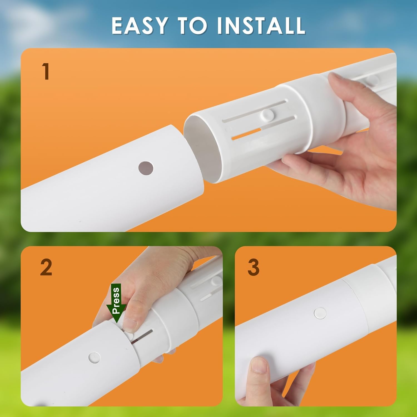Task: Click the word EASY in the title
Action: click(139, 26)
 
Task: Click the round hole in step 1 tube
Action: click(146, 168)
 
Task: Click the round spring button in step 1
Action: click(268, 114)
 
